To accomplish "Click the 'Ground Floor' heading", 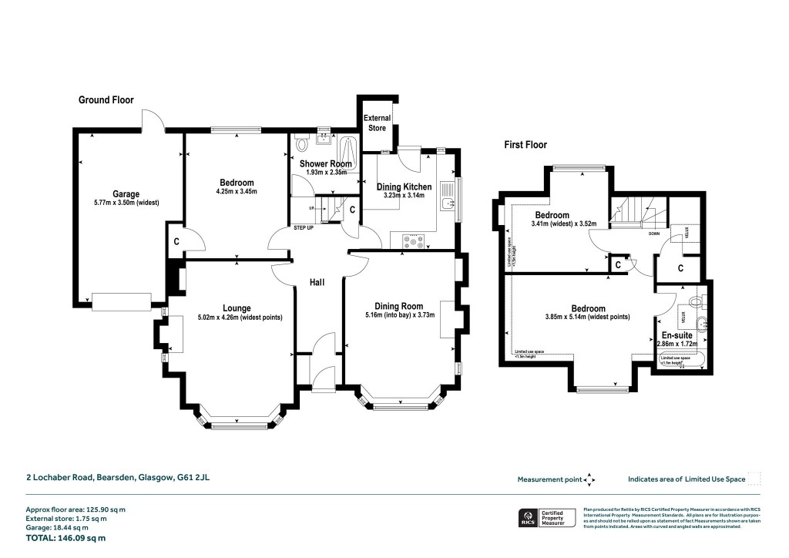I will click(x=106, y=100).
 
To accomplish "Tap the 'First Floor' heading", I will click(x=526, y=144).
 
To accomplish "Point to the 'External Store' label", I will click(x=377, y=123).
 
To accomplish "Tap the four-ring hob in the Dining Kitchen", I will click(x=414, y=241).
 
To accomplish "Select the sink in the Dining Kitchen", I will click(x=446, y=200).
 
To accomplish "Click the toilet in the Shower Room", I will click(x=301, y=143).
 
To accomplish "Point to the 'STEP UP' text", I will click(x=304, y=228).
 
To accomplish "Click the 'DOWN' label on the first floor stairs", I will click(x=653, y=233).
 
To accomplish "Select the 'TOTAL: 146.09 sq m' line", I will click(x=65, y=539).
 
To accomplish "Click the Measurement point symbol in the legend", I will click(x=589, y=479).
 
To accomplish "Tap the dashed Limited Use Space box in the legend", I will click(x=754, y=479).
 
